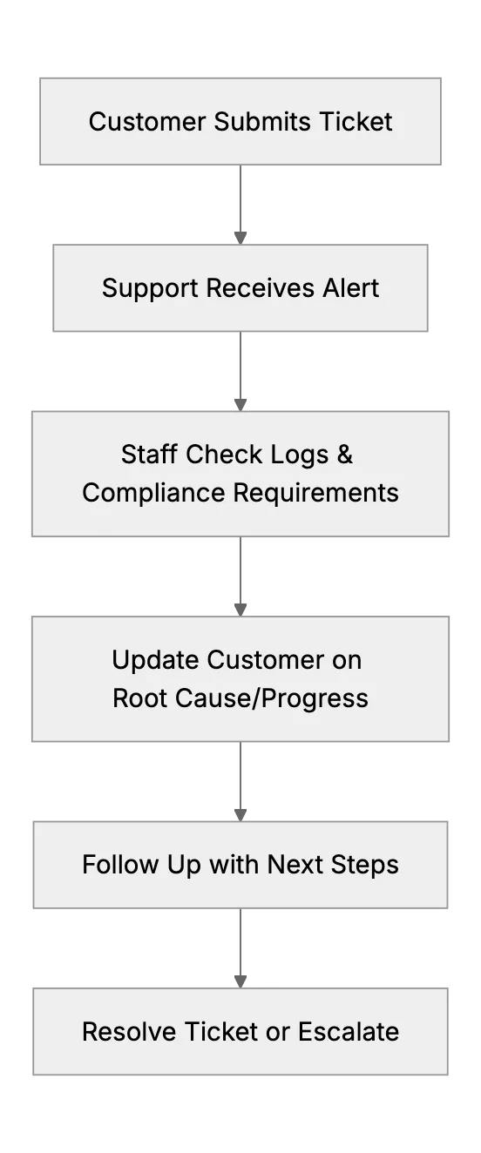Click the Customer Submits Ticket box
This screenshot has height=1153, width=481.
240,121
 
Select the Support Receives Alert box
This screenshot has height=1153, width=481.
240,287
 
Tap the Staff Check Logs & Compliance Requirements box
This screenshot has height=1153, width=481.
240,474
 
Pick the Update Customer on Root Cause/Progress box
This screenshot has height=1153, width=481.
240,679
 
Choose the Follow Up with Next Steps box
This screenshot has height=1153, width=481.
240,865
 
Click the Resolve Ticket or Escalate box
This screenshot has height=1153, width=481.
240,1032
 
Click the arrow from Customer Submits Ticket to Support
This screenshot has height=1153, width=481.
240,205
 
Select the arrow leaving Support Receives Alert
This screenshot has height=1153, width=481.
240,371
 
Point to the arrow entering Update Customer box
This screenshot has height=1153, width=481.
240,576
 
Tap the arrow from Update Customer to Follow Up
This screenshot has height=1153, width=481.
240,781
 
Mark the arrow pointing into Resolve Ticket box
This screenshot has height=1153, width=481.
240,948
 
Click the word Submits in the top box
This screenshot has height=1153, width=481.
262,121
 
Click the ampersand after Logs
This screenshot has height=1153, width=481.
345,455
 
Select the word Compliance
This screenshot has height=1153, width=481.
154,493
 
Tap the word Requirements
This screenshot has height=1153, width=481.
316,493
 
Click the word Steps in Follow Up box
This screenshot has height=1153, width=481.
364,865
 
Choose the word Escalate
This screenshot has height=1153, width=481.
349,1032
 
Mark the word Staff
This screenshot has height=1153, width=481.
149,455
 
